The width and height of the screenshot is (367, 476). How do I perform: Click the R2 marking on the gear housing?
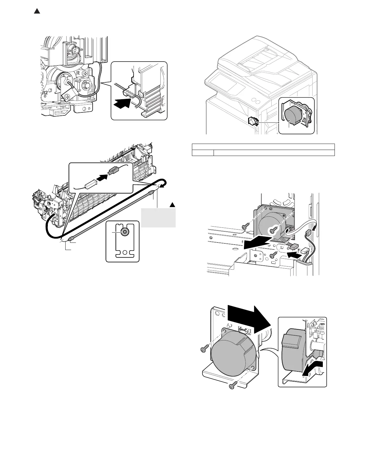45,93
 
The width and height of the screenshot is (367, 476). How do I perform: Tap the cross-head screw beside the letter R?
86,73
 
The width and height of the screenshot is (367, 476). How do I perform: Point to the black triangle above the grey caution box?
172,205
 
